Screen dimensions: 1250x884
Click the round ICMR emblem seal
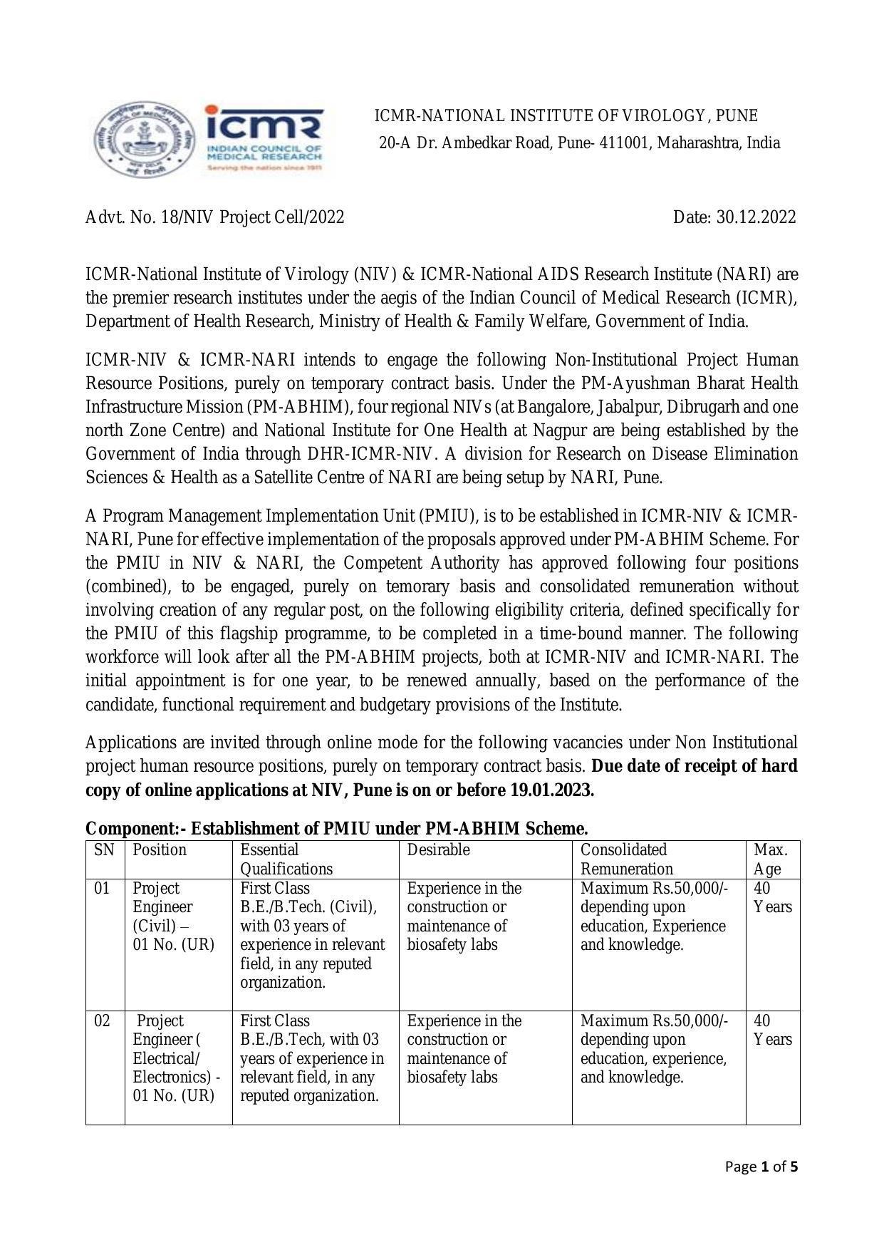click(144, 140)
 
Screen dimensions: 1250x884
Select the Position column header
click(160, 850)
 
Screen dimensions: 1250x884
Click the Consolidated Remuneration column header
click(626, 859)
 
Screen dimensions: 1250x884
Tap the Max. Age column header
click(770, 859)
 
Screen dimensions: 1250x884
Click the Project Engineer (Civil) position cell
click(173, 916)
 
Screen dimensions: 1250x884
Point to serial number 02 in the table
click(103, 1021)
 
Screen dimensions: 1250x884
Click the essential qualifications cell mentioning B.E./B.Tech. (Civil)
click(312, 935)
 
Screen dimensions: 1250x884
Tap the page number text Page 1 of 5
click(761, 1167)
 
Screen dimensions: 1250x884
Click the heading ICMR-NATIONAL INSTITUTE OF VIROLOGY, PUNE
click(566, 116)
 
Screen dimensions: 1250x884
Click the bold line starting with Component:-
click(336, 829)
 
